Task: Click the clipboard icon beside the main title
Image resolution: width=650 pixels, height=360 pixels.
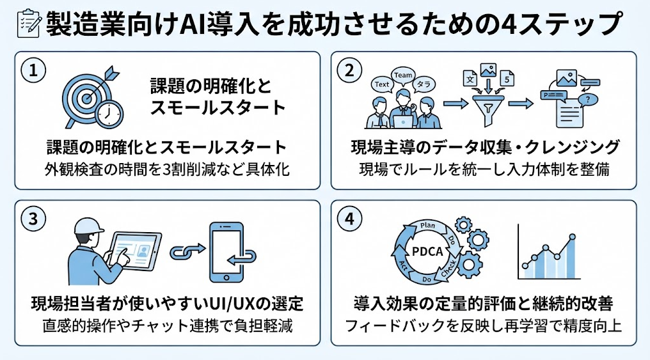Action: click(x=28, y=23)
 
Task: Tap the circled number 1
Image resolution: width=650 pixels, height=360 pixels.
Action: click(x=33, y=70)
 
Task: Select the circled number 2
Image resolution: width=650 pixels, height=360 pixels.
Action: click(x=349, y=70)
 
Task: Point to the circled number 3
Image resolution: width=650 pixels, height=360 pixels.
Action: click(x=33, y=219)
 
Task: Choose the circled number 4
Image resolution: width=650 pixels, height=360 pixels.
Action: click(x=349, y=219)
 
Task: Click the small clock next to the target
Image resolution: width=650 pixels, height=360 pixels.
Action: click(x=109, y=113)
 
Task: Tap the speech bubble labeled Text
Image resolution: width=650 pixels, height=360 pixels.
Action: click(x=382, y=85)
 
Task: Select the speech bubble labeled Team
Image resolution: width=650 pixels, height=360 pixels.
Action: click(x=402, y=75)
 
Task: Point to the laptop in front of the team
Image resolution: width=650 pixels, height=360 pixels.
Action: click(x=402, y=121)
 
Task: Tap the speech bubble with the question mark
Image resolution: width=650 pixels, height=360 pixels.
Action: click(x=587, y=99)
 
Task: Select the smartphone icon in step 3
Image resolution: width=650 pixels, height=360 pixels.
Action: click(x=226, y=253)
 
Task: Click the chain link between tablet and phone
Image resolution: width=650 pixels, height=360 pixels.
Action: click(x=187, y=251)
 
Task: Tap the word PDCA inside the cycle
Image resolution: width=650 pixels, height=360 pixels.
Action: click(x=427, y=251)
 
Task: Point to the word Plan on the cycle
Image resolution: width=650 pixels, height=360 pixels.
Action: click(x=427, y=226)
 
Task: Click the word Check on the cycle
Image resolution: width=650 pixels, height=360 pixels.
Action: click(x=448, y=269)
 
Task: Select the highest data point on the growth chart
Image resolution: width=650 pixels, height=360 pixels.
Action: click(x=573, y=237)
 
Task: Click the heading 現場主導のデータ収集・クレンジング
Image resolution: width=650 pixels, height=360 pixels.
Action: click(x=485, y=147)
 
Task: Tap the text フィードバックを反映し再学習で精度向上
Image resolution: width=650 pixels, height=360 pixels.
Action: click(x=484, y=325)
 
